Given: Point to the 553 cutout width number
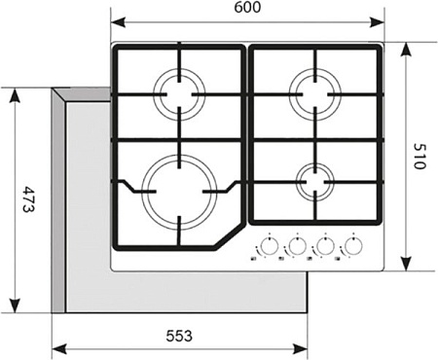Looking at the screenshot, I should (177, 336).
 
